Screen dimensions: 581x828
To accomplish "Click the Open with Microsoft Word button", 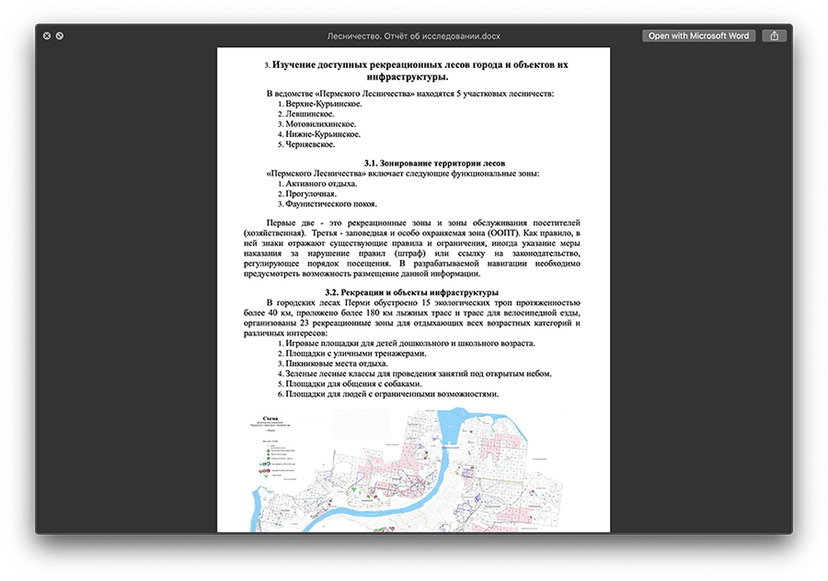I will point(698,36).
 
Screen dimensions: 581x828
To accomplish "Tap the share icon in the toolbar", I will point(775,36).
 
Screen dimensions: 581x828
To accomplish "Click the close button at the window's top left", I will point(45,36).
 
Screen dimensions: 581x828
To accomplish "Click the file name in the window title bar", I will point(414,36).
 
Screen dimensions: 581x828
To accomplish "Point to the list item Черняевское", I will point(310,144).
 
